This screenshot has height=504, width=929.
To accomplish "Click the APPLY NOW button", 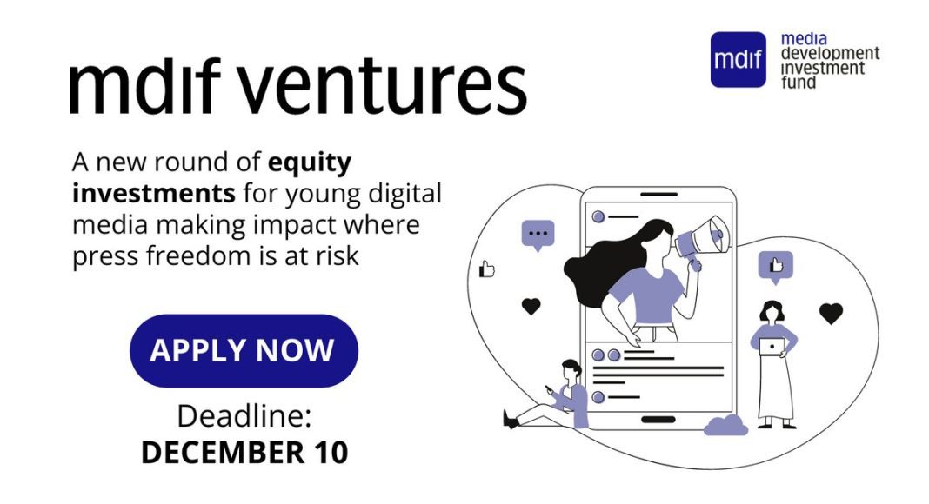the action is (244, 351).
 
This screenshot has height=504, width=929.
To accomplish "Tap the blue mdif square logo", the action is (738, 59).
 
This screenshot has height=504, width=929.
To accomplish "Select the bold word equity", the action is (310, 162).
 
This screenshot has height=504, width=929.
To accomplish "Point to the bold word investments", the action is (154, 194).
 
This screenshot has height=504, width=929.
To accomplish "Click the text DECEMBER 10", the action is (244, 453).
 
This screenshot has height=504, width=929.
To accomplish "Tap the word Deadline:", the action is (244, 416).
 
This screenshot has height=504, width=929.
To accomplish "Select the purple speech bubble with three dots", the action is (538, 235).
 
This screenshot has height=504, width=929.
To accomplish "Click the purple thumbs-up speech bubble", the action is (776, 267).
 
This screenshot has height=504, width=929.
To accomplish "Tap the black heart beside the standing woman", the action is (831, 313).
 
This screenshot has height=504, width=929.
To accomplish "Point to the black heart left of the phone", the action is (531, 306).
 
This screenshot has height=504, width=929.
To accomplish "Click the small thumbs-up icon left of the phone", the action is (486, 269).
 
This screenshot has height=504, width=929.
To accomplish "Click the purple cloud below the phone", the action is (725, 425).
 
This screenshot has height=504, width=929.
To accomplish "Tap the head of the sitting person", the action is (571, 370).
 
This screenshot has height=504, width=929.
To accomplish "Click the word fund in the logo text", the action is (798, 83).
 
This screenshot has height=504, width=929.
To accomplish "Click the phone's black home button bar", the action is (658, 420).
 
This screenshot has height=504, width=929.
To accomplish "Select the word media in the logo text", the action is (804, 39).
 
